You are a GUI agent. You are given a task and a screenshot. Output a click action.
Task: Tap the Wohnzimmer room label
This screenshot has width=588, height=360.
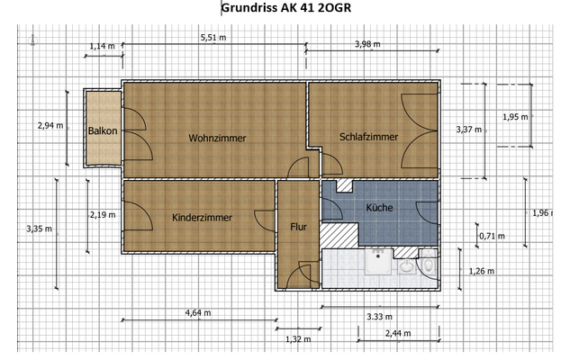(x=217, y=138)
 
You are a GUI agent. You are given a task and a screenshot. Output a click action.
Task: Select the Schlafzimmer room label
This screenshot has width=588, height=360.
(x=369, y=137)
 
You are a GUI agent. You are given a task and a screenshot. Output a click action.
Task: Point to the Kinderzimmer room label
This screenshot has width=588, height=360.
(x=202, y=218)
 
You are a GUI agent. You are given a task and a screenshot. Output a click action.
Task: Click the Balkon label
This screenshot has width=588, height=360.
(x=102, y=131)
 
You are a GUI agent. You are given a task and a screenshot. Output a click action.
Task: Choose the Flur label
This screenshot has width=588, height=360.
(x=298, y=227)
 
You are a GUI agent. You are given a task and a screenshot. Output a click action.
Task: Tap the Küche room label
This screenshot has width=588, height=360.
(x=379, y=208)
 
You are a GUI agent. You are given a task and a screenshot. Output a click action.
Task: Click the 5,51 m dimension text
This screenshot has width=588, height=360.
(x=213, y=38)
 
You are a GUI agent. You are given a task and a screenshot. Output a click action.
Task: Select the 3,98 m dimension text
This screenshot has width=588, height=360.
(x=368, y=44)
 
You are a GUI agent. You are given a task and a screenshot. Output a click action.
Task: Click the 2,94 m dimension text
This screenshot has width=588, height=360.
(x=50, y=125)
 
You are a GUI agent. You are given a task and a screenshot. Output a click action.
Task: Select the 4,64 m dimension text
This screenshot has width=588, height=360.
(x=197, y=312)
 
